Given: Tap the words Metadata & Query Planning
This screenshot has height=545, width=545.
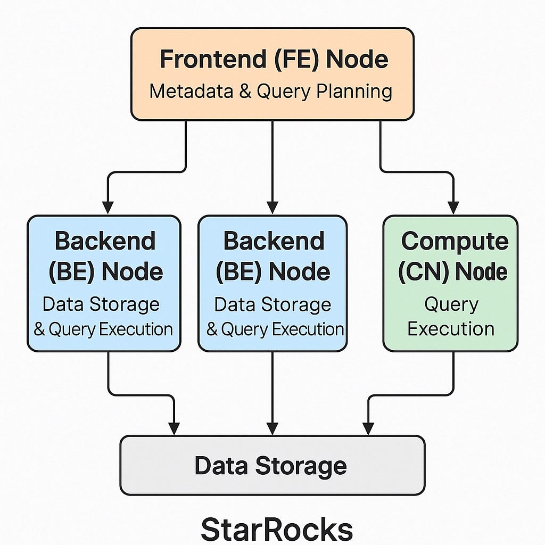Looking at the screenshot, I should coord(271,91).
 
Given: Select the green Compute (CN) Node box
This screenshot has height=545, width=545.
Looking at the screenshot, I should coord(450,283).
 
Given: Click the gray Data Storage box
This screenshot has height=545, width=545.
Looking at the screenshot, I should coord(272,466).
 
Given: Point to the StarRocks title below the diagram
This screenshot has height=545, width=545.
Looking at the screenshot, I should coord(276,529).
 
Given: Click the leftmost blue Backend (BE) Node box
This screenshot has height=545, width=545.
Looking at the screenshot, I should coord(104,283).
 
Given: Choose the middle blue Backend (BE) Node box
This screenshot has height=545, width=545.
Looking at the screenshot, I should coord(272,283).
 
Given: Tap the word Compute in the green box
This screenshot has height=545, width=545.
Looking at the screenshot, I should coord(455,241).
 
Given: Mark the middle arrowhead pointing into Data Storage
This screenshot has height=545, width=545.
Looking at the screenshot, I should coord(272,428).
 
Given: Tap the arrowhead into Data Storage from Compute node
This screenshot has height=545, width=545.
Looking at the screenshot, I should coord(368,428).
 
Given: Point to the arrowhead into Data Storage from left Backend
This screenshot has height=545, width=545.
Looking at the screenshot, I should coord(174,428).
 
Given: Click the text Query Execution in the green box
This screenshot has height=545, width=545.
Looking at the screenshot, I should coord(451,317).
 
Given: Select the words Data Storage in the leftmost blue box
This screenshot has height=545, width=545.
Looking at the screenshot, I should coord(101,304).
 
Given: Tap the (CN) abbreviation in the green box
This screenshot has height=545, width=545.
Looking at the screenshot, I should coord(423,271).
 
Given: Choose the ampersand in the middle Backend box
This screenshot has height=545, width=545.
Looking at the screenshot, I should coord(212,330).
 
